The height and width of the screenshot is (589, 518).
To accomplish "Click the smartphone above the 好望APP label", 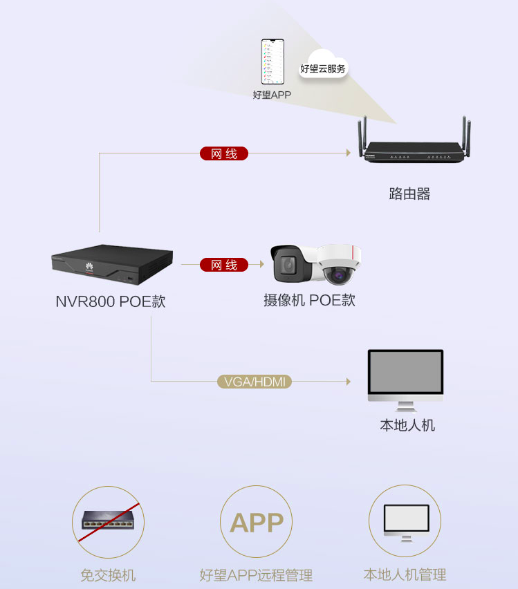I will (x=273, y=62).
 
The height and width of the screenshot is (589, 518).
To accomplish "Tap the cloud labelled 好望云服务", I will (x=323, y=66).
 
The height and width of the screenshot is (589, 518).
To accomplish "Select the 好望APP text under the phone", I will (x=272, y=95).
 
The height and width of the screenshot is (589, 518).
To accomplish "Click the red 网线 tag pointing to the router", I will (x=223, y=153).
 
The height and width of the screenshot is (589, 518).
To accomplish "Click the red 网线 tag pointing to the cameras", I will (x=224, y=265).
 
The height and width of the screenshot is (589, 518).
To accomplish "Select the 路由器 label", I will (x=409, y=194).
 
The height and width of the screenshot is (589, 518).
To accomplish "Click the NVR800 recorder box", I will (x=111, y=264).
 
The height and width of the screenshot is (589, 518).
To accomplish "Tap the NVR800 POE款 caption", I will (x=111, y=302).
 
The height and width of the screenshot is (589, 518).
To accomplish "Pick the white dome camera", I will (x=339, y=264).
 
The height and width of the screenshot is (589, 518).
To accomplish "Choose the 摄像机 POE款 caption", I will (x=309, y=301).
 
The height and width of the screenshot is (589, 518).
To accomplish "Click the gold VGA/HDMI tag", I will (x=255, y=382).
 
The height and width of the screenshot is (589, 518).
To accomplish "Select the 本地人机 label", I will (x=407, y=425).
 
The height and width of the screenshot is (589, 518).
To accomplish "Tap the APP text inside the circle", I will (x=257, y=523).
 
